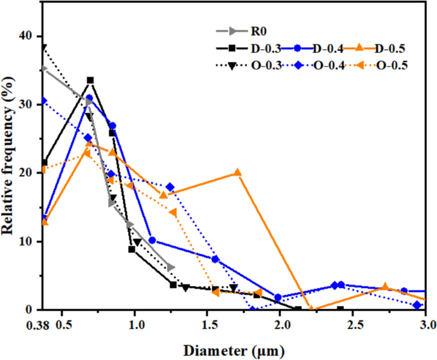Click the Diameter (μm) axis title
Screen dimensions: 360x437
click(234, 350)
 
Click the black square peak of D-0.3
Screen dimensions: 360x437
click(90, 80)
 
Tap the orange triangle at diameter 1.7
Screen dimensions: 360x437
click(237, 173)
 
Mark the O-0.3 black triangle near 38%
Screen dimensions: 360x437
click(43, 47)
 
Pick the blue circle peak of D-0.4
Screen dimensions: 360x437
click(89, 98)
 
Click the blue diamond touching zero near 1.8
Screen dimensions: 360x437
click(253, 310)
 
